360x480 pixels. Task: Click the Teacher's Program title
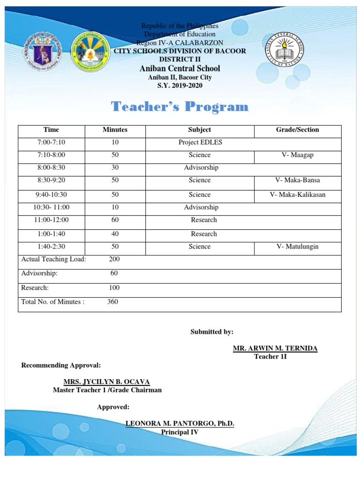pos(180,107)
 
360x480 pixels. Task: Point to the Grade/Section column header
pos(297,130)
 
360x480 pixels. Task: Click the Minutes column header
pos(115,130)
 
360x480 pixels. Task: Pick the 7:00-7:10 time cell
pos(51,142)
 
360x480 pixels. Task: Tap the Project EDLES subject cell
pos(200,142)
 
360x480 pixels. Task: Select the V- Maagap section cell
pos(297,155)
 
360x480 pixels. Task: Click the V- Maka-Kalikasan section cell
pos(297,195)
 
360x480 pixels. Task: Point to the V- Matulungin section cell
pos(297,247)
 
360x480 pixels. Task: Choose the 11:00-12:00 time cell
pos(51,220)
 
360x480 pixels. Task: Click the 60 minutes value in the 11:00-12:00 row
pos(115,220)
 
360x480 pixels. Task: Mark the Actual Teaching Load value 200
pos(114,259)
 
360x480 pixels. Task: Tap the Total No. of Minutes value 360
pos(112,302)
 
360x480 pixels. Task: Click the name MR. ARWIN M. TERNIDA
pos(275,348)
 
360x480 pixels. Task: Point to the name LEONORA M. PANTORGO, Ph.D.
pos(180,424)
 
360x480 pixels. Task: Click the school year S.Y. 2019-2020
pos(180,85)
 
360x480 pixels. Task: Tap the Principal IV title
pos(180,432)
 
